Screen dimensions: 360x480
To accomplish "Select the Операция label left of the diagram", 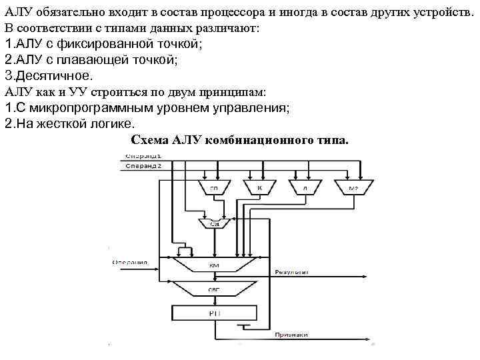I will coord(129,262).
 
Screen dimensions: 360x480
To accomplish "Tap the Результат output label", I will coord(292,273).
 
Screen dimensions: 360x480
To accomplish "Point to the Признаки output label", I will coord(291,335).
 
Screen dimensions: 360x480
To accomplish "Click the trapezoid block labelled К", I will coord(258,187).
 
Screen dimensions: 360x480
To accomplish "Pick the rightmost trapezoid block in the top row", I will coord(353,187).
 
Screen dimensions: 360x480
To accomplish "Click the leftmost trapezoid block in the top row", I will coord(214,187).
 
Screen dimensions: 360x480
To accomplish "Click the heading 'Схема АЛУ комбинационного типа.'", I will coord(239,140).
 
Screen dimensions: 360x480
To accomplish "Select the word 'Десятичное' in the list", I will coord(53,75).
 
